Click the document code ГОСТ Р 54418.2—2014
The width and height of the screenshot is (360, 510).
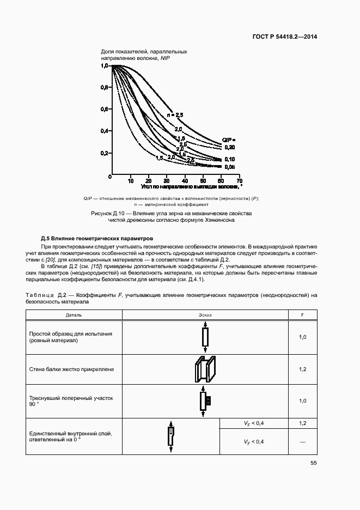point(285,37)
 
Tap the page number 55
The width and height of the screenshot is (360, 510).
point(313,463)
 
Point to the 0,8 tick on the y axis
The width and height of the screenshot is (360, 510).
point(104,87)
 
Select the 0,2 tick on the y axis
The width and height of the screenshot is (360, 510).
point(104,153)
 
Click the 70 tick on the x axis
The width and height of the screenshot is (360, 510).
point(239,180)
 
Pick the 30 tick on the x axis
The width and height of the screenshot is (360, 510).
point(167,180)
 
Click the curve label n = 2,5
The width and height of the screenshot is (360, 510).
point(175,115)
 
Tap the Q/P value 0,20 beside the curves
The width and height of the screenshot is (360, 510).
point(229,147)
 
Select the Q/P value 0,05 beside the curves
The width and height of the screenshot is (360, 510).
point(229,167)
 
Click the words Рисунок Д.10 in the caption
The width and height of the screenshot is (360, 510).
point(111,213)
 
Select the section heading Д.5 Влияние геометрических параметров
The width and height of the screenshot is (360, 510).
point(97,239)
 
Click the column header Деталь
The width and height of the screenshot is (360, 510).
point(74,315)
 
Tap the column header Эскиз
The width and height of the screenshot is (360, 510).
point(205,315)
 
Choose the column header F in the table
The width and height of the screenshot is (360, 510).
point(303,315)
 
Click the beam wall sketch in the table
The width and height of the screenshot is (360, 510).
point(205,369)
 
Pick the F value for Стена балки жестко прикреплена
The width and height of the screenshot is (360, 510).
point(303,369)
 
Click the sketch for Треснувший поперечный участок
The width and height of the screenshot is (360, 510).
point(205,401)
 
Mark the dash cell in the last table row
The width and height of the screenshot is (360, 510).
point(303,441)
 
